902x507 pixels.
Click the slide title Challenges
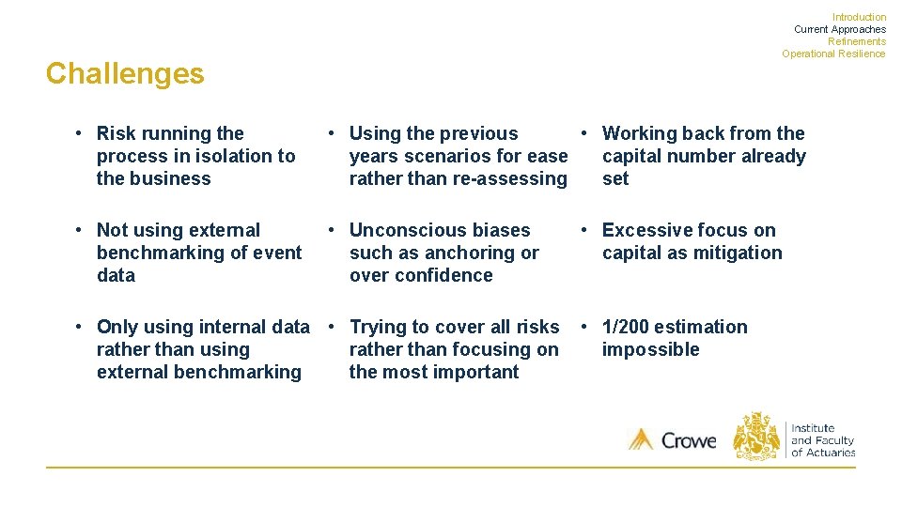pyautogui.click(x=124, y=73)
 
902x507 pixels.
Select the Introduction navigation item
pyautogui.click(x=859, y=17)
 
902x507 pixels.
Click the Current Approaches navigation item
pyautogui.click(x=839, y=29)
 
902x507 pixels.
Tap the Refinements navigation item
pyautogui.click(x=856, y=41)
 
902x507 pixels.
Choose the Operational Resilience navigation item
pyautogui.click(x=832, y=54)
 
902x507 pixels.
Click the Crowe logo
pyautogui.click(x=672, y=439)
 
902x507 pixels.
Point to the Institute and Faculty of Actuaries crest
pyautogui.click(x=756, y=438)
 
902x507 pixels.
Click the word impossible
pyautogui.click(x=650, y=349)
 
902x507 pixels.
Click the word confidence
pyautogui.click(x=445, y=275)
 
